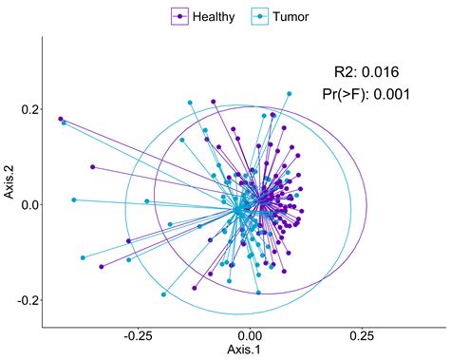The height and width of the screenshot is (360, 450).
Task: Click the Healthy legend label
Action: pos(214,16)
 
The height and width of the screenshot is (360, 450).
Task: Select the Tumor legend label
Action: pos(291,16)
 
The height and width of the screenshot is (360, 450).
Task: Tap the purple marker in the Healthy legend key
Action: pos(179,16)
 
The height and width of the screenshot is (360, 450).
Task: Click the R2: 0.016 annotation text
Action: pos(366,72)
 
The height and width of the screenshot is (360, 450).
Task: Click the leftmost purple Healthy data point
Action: pos(61,119)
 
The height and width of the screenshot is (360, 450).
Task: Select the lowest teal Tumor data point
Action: pos(164,294)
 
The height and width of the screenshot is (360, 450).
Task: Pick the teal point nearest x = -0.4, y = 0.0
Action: pos(73,199)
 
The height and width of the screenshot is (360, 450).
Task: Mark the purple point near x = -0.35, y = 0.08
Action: pos(92,167)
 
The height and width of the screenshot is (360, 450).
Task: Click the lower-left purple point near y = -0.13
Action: pos(101,267)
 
